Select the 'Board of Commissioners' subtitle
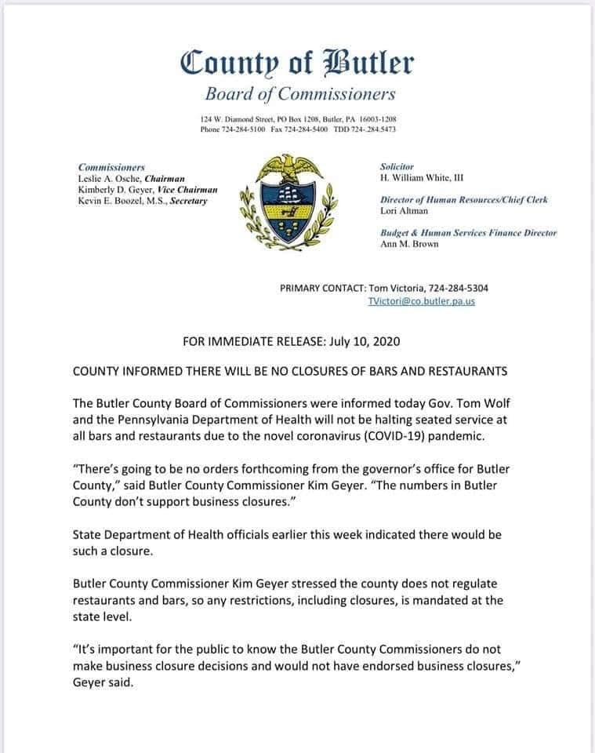tap(299, 95)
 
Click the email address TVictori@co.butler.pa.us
tap(421, 300)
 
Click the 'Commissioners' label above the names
tap(111, 167)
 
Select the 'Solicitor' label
tap(397, 166)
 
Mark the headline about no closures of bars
tap(289, 370)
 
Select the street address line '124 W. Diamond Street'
tap(235, 118)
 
